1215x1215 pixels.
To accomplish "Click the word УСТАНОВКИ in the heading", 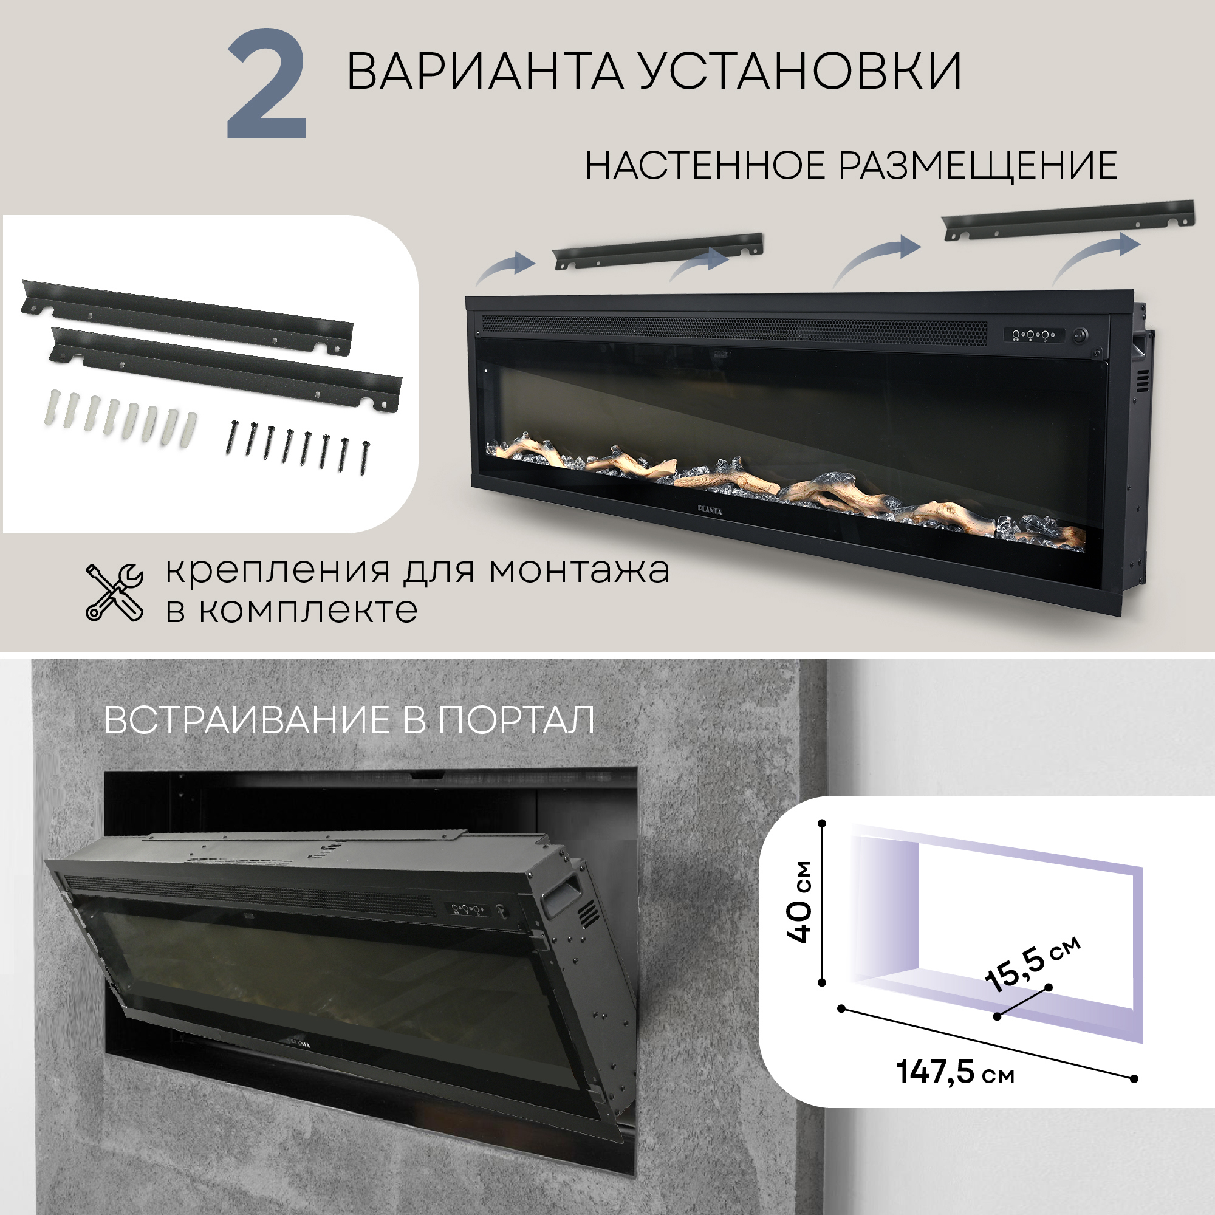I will (x=800, y=71).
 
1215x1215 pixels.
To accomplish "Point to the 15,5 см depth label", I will (x=1032, y=962).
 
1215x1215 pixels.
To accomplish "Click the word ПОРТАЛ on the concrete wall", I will (x=516, y=720).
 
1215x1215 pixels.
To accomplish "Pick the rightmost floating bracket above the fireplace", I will (x=1070, y=220).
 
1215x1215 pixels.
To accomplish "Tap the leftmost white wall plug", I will (x=52, y=409).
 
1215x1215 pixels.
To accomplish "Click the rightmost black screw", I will (x=364, y=458).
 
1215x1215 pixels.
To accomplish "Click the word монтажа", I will (x=579, y=571).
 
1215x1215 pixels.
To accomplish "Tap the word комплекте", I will (x=308, y=611).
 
